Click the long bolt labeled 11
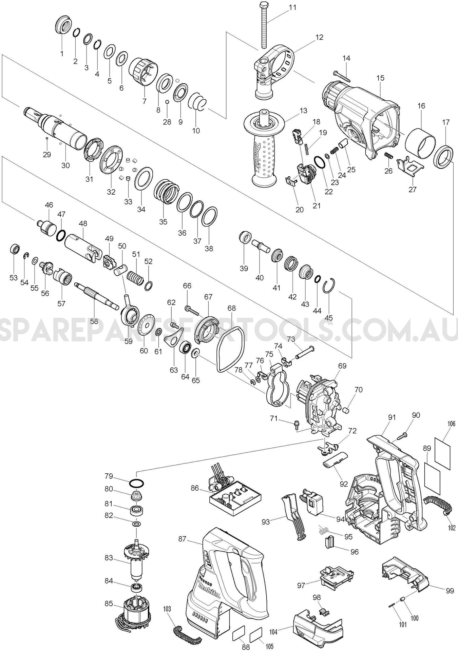coord(264,25)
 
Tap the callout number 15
coord(380,78)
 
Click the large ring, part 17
coord(444,156)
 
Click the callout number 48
coord(83,223)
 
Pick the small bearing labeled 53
coord(14,249)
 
